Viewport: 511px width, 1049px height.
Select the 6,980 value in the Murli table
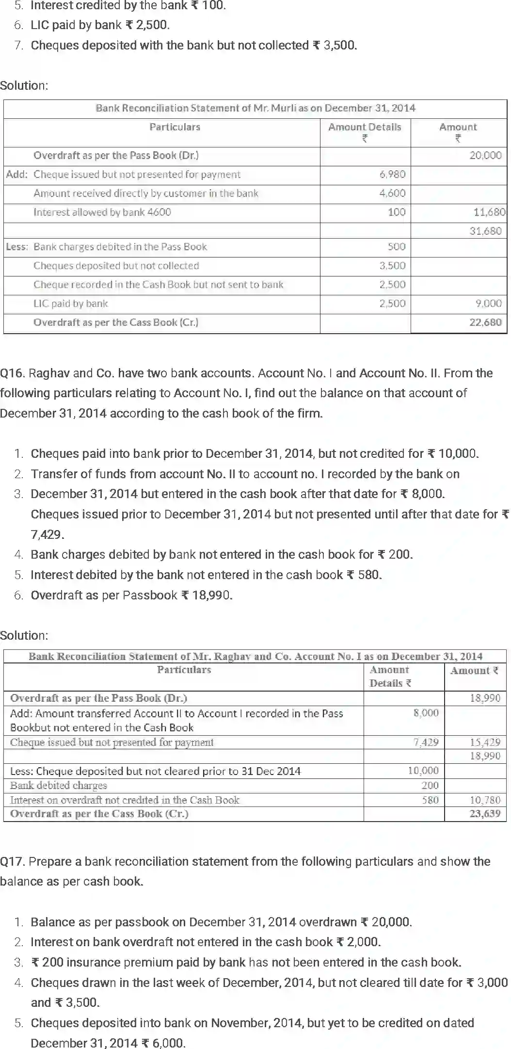[x=392, y=175]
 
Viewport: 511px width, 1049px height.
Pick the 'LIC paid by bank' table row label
[x=71, y=304]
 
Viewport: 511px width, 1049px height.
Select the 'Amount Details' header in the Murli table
[x=365, y=128]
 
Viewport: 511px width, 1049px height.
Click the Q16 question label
[x=13, y=373]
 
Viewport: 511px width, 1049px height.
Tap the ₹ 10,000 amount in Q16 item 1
[x=452, y=454]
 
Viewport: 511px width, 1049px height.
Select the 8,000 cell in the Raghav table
[x=426, y=713]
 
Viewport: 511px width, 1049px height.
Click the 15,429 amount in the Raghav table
[x=485, y=742]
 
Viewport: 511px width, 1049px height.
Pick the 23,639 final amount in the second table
[x=485, y=813]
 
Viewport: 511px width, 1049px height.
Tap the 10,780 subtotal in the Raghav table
[x=485, y=800]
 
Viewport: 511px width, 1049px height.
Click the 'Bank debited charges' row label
[x=59, y=786]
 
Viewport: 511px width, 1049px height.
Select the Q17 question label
[x=13, y=862]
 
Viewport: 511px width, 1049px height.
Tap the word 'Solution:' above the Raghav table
[x=24, y=635]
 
